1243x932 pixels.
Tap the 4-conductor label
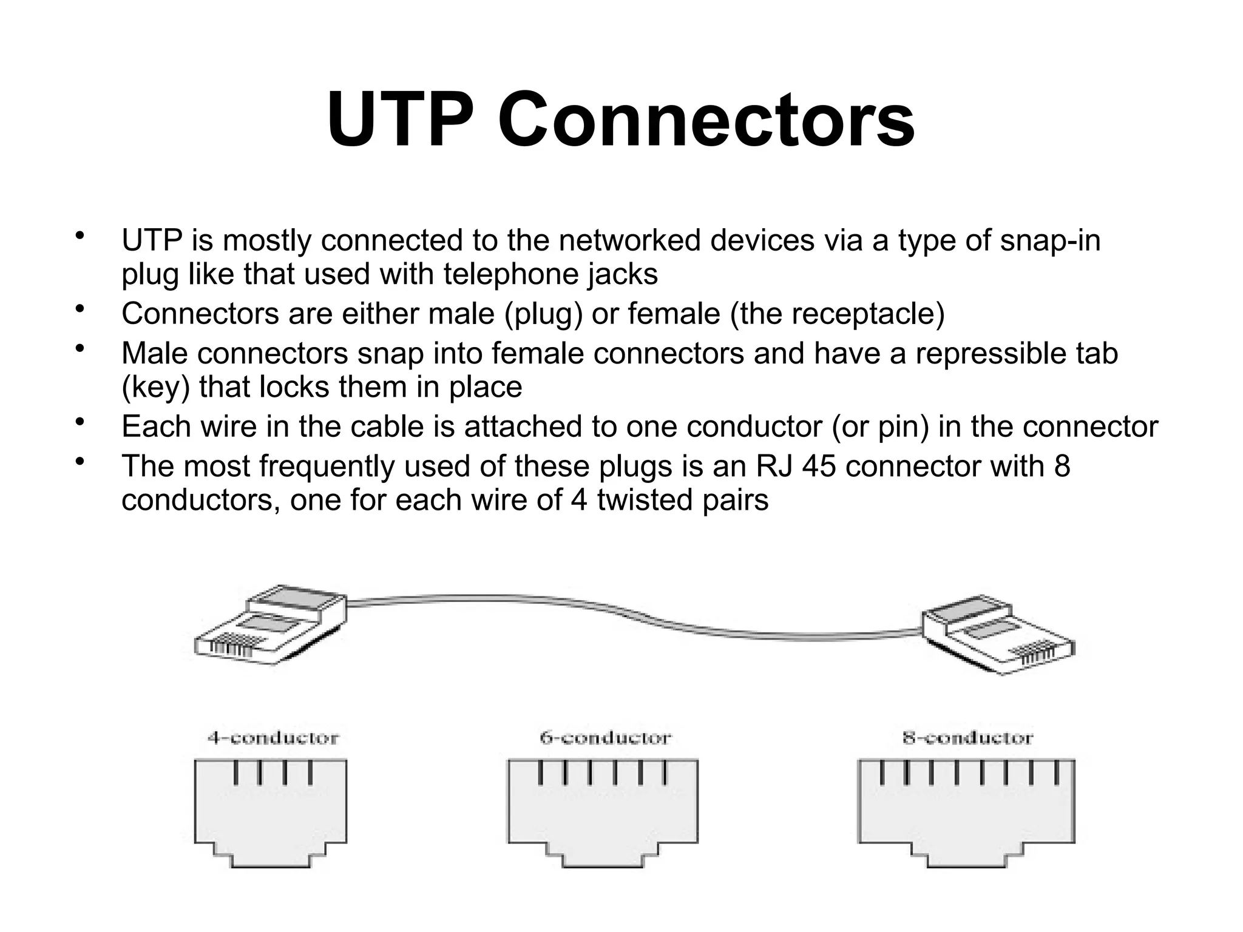click(273, 738)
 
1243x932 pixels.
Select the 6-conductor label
click(605, 738)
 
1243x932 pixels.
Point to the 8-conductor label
click(967, 738)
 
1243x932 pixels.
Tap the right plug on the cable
click(996, 637)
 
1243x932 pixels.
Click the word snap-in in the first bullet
click(1050, 240)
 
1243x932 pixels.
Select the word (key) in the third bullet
click(156, 387)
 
